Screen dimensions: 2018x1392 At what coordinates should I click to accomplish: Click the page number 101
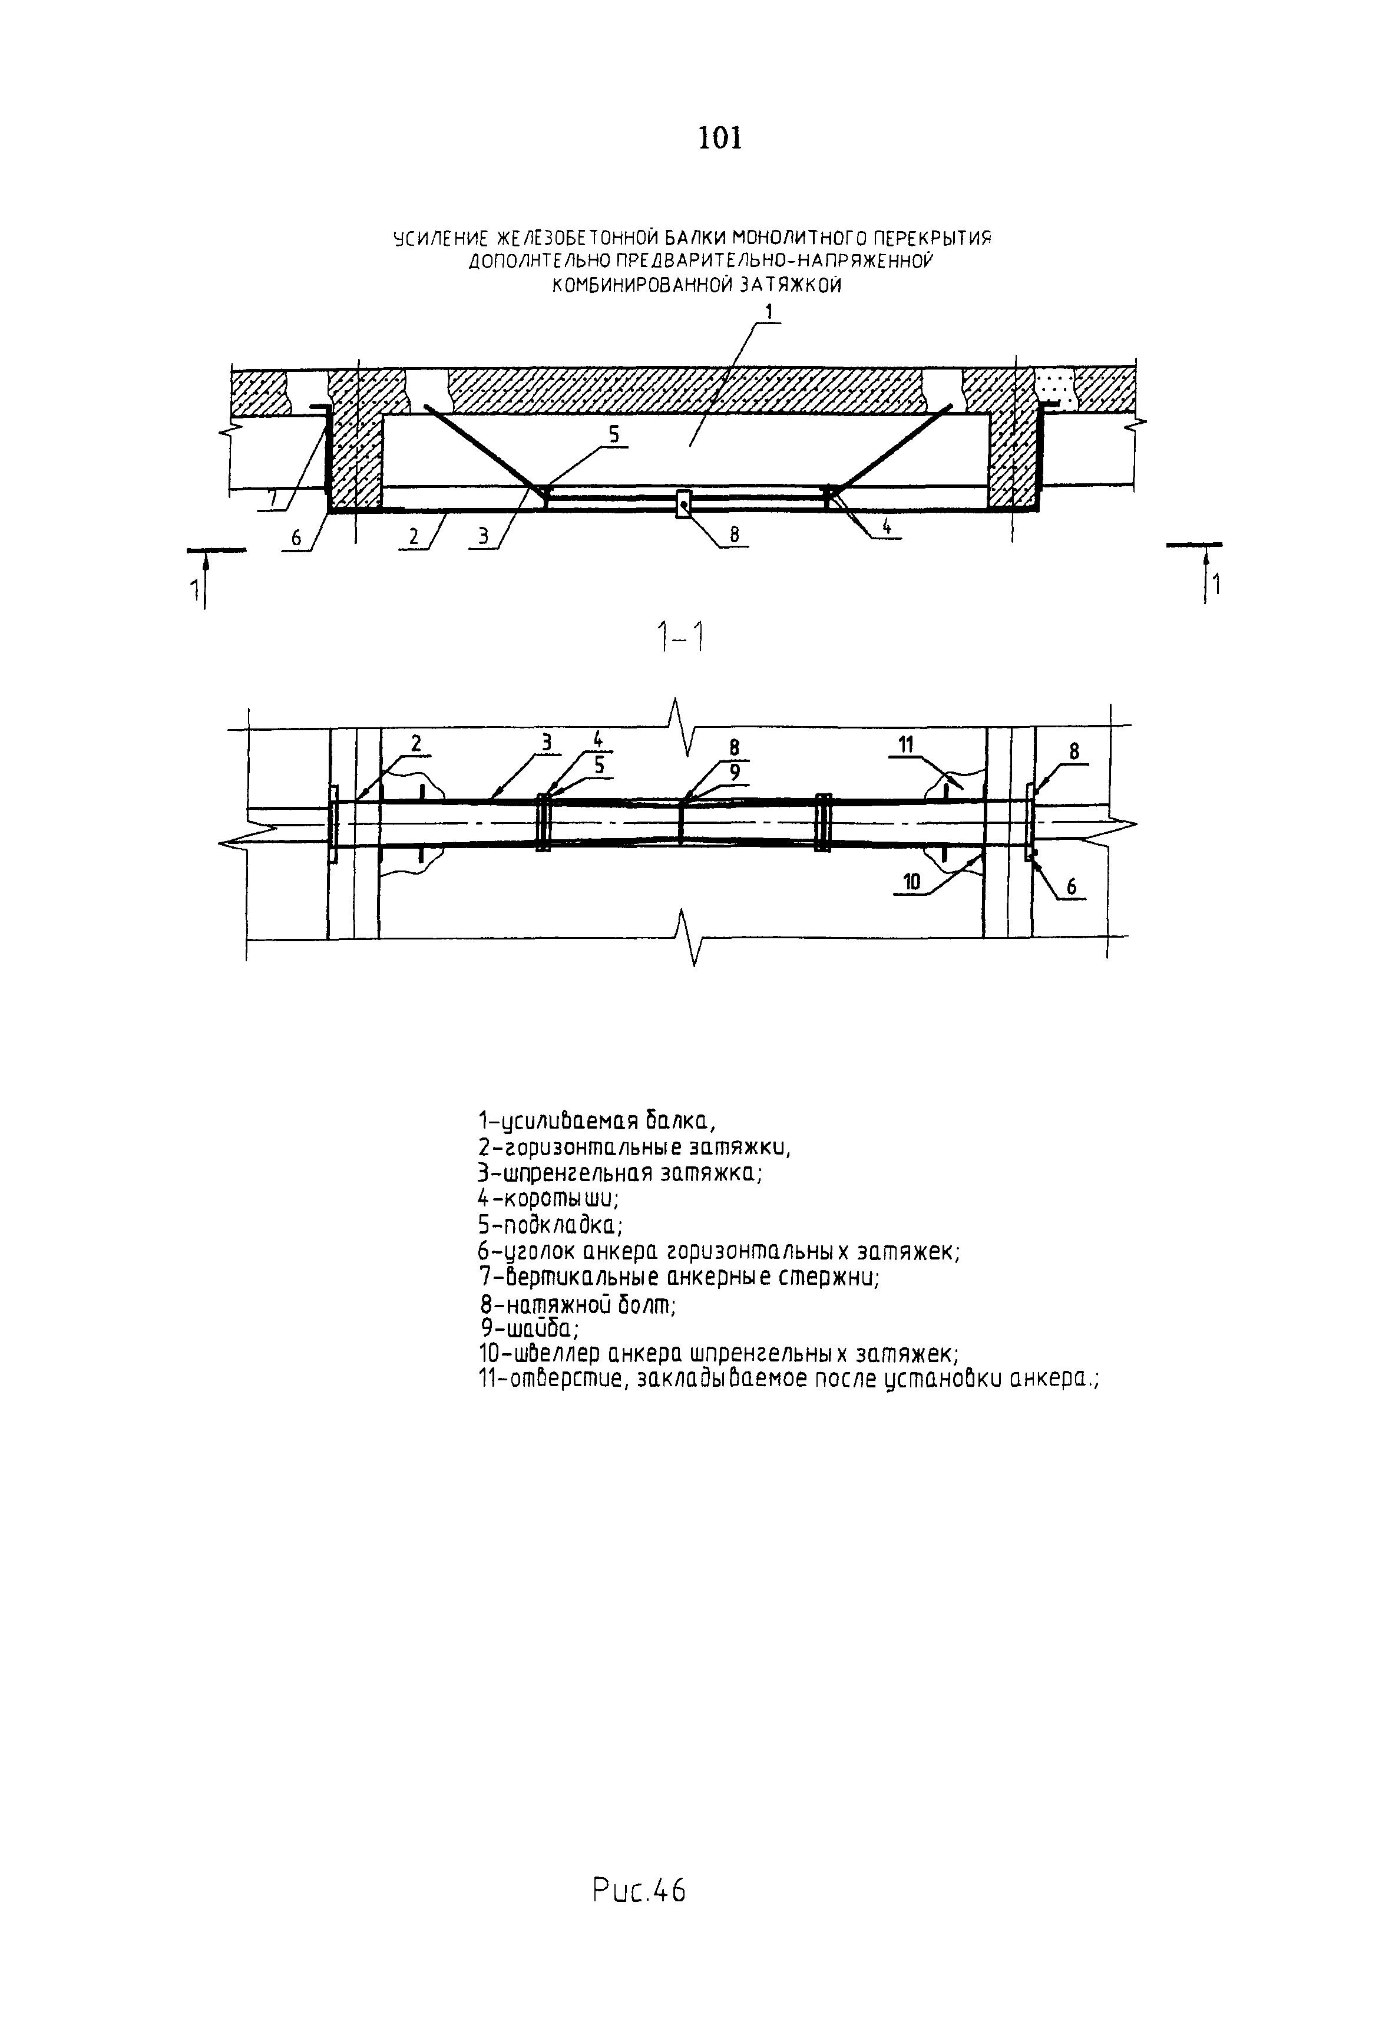[x=719, y=138]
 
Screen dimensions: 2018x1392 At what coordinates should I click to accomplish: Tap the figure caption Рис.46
[x=639, y=1890]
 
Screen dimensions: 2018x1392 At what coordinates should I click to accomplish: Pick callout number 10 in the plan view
[x=911, y=882]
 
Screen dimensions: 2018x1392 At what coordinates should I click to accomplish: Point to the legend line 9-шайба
[x=528, y=1329]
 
